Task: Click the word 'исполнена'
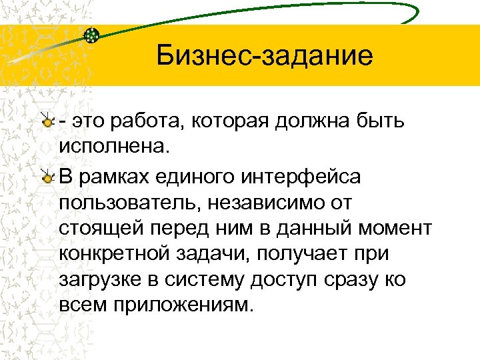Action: [113, 145]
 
